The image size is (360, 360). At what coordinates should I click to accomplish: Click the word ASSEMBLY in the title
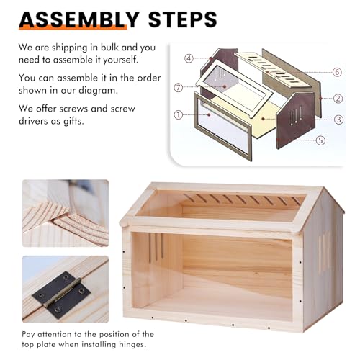pos(79,19)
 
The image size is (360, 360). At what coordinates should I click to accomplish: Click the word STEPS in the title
pos(183,19)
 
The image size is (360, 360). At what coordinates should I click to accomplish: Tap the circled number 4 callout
pos(189,58)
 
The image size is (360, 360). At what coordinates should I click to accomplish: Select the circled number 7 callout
pos(179,87)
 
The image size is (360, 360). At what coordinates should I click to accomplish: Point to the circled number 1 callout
pos(179,114)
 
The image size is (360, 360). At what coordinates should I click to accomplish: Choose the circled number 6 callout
pos(337,72)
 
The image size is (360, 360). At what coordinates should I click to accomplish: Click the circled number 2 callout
pos(338,99)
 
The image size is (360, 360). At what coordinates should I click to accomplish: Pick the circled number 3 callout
pos(339,120)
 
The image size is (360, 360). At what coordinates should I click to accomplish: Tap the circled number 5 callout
pos(321,140)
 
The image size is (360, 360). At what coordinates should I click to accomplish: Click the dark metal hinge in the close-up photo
pos(61,295)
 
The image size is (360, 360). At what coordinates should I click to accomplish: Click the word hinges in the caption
pos(132,345)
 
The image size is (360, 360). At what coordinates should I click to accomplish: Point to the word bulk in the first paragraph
pos(109,47)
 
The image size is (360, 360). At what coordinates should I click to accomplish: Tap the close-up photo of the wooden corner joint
pos(66,213)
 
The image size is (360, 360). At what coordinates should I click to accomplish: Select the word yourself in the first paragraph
pos(120,60)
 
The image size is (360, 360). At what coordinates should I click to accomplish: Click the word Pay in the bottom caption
pos(28,335)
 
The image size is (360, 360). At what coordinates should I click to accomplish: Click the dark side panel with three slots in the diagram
pos(296,120)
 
